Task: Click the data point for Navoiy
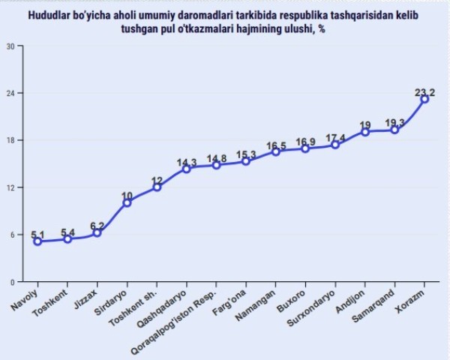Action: [x=37, y=241]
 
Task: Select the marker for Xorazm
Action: [x=424, y=99]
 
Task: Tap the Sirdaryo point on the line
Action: [x=127, y=202]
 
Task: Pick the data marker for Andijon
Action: [x=365, y=132]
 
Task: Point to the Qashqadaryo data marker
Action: [x=187, y=169]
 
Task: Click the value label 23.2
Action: [x=425, y=93]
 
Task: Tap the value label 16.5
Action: [x=276, y=145]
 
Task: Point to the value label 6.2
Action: [x=97, y=225]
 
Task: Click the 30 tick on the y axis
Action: [x=10, y=46]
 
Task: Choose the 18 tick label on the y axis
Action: [x=10, y=140]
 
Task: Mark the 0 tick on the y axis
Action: [x=13, y=281]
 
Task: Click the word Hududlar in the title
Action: [x=53, y=15]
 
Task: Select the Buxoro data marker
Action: [x=305, y=148]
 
